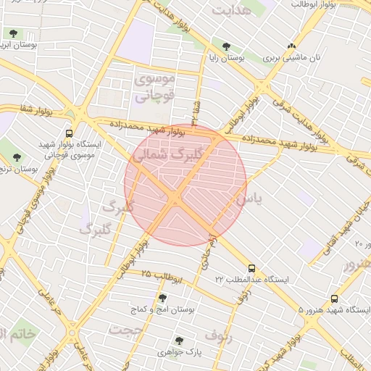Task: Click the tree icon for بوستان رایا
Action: pyautogui.click(x=227, y=46)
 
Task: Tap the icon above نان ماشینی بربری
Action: pyautogui.click(x=292, y=45)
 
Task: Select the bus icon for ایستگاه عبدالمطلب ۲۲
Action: pyautogui.click(x=251, y=268)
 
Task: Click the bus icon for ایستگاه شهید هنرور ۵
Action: pyautogui.click(x=334, y=299)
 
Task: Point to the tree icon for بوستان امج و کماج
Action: pyautogui.click(x=162, y=298)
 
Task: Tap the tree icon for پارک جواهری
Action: pyautogui.click(x=178, y=340)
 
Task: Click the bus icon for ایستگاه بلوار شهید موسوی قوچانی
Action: pyautogui.click(x=69, y=133)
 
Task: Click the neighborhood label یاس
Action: pyautogui.click(x=246, y=196)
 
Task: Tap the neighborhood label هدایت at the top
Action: pyautogui.click(x=232, y=9)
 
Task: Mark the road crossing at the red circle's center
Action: pyautogui.click(x=176, y=196)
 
